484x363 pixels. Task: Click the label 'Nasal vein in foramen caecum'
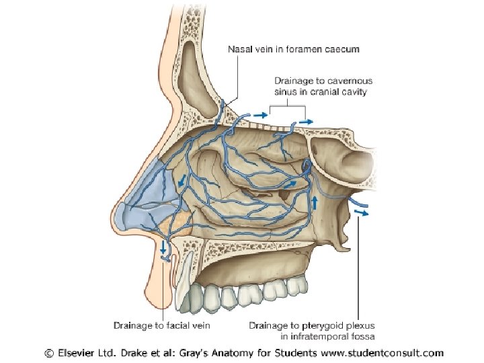pyautogui.click(x=294, y=49)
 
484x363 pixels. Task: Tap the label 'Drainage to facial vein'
pyautogui.click(x=162, y=325)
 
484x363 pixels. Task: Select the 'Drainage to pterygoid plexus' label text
pyautogui.click(x=311, y=325)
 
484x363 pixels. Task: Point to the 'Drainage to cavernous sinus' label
pyautogui.click(x=321, y=86)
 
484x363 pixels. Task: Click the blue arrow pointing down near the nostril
pyautogui.click(x=163, y=247)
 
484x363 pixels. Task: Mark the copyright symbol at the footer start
pyautogui.click(x=49, y=352)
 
